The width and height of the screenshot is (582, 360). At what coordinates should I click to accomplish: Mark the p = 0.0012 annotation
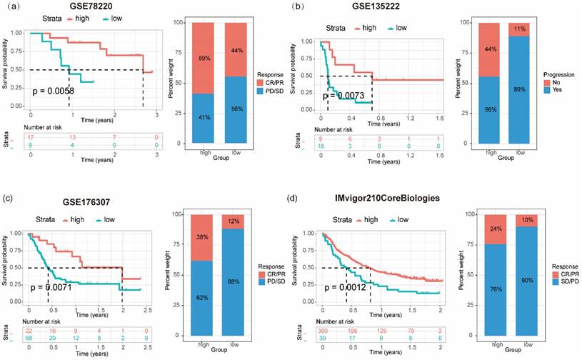click(x=347, y=287)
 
